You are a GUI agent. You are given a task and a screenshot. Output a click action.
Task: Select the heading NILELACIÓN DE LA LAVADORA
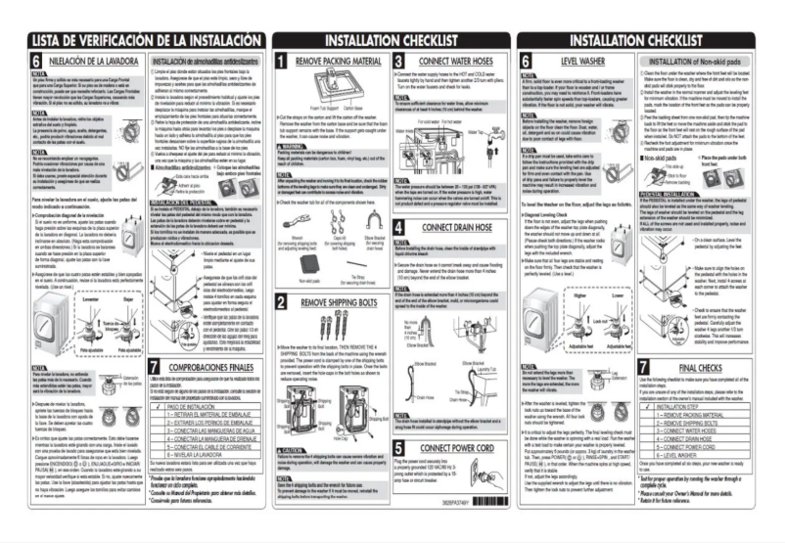(81, 62)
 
